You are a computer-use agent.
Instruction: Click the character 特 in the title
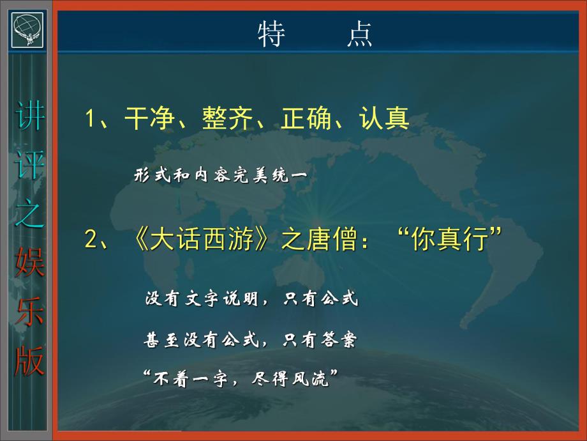coord(271,35)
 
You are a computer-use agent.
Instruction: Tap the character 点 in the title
coord(360,35)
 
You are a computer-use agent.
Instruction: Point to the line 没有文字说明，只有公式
coord(252,299)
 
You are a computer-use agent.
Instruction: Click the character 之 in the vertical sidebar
coord(29,218)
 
